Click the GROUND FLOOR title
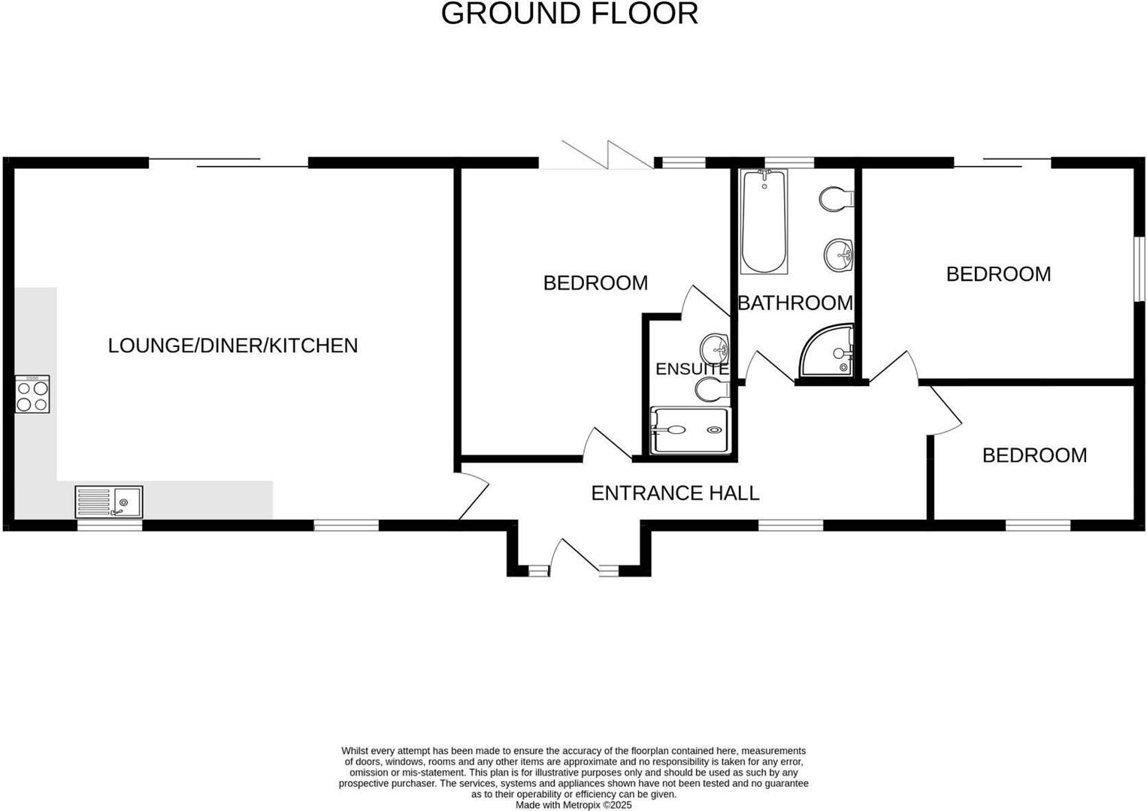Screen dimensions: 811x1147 (x=569, y=14)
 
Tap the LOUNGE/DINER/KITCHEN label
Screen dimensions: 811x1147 (x=232, y=345)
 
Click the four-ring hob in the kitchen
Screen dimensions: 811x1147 (x=32, y=395)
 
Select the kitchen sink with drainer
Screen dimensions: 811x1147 (x=109, y=502)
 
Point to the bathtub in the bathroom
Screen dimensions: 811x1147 (x=764, y=222)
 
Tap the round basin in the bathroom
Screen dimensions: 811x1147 (x=838, y=255)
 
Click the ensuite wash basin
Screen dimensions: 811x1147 (x=714, y=348)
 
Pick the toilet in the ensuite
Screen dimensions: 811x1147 (x=712, y=389)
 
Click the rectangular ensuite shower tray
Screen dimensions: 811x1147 (x=690, y=430)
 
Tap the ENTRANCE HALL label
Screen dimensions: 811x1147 (x=675, y=493)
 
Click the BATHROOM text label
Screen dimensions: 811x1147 (x=795, y=303)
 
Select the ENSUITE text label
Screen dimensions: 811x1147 (x=692, y=369)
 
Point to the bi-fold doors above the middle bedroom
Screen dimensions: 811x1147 (x=596, y=156)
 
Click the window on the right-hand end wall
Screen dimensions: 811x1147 (x=1139, y=269)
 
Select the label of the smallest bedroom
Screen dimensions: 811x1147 (x=1034, y=455)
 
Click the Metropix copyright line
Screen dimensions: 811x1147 (x=573, y=805)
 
